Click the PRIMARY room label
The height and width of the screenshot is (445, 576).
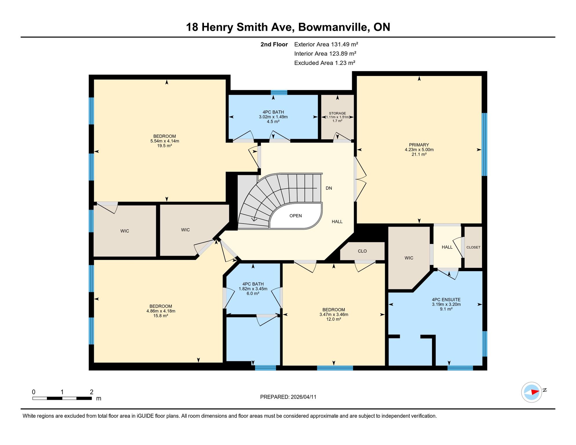419,145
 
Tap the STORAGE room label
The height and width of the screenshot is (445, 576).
337,113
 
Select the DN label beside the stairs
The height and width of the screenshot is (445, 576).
329,188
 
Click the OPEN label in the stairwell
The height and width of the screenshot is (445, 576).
296,216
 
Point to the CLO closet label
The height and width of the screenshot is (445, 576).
362,251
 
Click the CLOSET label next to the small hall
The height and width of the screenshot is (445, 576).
473,247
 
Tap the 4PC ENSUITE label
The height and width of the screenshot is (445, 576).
446,300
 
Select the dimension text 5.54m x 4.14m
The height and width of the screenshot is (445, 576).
165,141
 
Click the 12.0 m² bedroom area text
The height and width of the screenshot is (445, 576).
334,319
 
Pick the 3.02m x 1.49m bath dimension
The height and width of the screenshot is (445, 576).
273,117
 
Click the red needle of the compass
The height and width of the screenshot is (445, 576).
535,392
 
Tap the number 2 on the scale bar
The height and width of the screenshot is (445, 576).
92,392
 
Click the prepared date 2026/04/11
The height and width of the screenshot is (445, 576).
304,397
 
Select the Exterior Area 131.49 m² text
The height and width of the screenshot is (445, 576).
326,44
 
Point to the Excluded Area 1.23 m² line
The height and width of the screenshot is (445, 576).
325,63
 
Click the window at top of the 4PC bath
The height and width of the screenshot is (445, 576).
279,92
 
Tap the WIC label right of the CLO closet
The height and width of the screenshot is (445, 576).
409,258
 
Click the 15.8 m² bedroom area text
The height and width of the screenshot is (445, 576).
161,316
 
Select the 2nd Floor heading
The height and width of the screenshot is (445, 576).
274,44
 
